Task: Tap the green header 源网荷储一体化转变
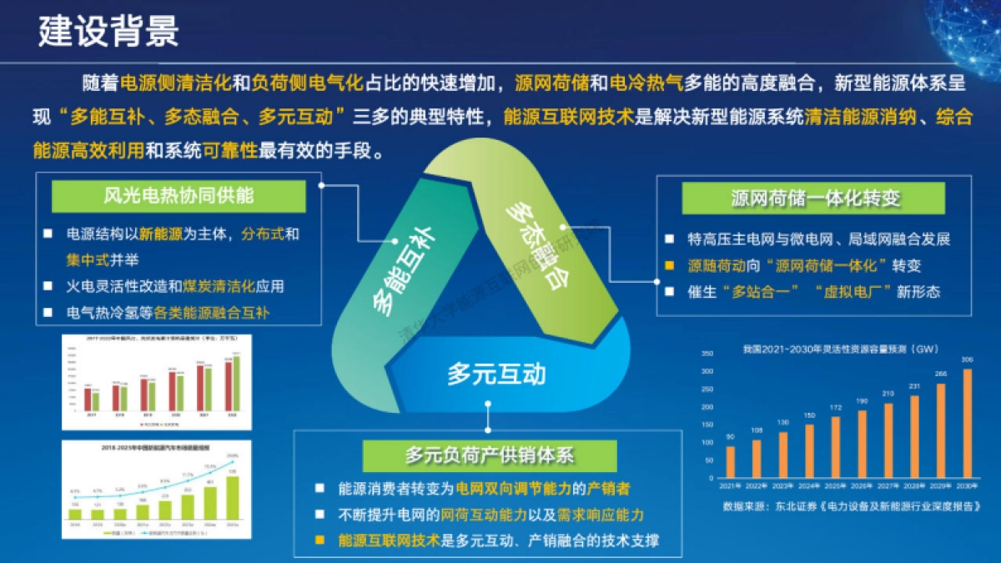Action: pos(813,198)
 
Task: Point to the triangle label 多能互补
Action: pos(391,271)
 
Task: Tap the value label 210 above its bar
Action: pos(889,394)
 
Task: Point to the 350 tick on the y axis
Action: pos(707,354)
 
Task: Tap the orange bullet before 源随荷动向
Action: pos(669,266)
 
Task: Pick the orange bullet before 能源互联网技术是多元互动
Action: pos(319,540)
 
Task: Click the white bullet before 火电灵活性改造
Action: pos(49,286)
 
